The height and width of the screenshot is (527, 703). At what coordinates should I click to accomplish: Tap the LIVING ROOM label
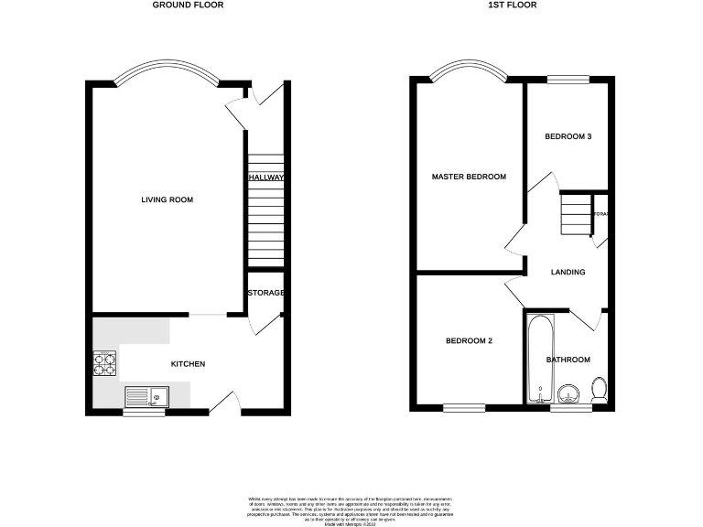tap(167, 199)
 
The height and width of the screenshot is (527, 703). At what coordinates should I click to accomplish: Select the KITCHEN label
tap(188, 364)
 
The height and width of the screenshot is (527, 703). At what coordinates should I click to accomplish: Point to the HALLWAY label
tap(265, 177)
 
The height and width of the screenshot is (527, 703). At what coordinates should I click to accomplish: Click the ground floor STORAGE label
tap(265, 293)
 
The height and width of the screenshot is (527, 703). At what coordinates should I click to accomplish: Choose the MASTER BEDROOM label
tap(469, 177)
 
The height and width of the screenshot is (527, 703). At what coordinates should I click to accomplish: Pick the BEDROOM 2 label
tap(469, 341)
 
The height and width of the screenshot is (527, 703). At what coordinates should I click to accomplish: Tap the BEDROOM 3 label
tap(568, 137)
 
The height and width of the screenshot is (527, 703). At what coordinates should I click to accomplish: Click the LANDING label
tap(568, 272)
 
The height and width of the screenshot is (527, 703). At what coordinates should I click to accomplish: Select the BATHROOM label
tap(568, 360)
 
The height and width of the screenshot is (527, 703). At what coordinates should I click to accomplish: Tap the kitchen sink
tap(147, 396)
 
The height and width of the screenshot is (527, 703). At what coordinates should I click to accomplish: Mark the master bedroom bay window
tap(469, 70)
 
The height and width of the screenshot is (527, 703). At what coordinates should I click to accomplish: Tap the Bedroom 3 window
tap(568, 81)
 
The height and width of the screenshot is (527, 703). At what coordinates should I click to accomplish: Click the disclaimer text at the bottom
tap(351, 509)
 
